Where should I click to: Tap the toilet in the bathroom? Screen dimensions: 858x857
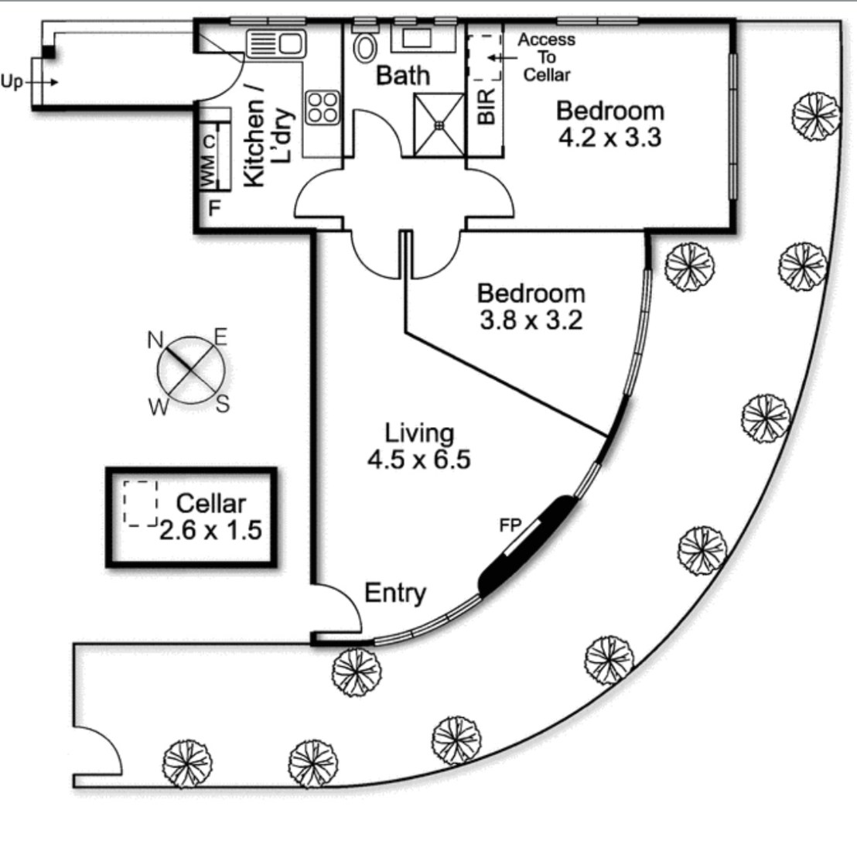click(364, 47)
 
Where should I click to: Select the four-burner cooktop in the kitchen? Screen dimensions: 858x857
click(323, 107)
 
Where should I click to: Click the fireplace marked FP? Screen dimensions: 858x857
click(530, 545)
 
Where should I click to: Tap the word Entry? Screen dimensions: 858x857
click(395, 593)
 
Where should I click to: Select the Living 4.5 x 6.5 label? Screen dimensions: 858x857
click(419, 446)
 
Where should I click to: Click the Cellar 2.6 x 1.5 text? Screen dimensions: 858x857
click(210, 517)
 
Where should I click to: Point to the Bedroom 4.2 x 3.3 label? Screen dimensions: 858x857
click(609, 124)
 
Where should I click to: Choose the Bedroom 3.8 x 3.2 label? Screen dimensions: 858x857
click(531, 306)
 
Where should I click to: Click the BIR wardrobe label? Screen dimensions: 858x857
click(487, 107)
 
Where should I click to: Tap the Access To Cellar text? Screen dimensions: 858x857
click(546, 56)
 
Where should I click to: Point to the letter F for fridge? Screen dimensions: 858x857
click(215, 208)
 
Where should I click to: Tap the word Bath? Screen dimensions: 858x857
click(402, 76)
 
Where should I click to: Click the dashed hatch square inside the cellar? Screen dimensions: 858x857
click(141, 504)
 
